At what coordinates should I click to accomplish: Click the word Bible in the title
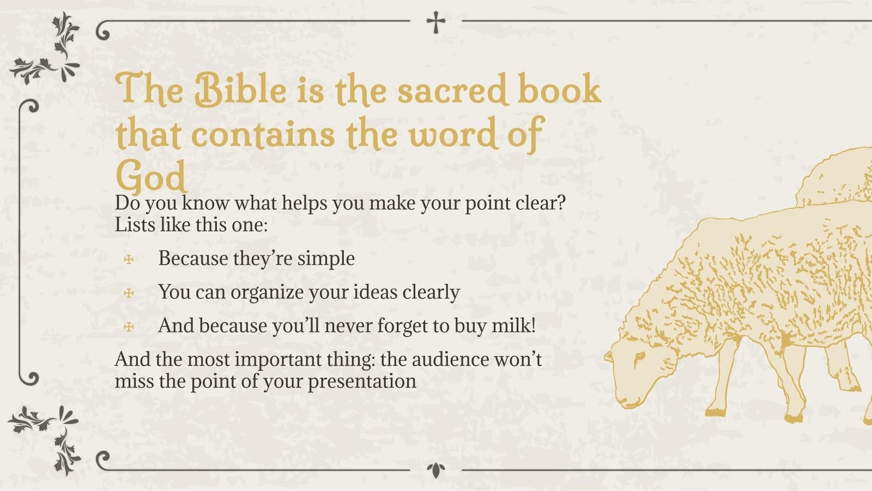240,89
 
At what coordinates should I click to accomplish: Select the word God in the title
150,176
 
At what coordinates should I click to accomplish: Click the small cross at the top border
435,22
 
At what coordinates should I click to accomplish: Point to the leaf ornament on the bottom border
435,470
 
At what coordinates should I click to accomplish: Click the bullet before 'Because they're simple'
129,259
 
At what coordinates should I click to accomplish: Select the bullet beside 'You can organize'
129,293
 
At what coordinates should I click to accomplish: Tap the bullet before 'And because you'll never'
129,327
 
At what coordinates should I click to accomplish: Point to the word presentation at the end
362,381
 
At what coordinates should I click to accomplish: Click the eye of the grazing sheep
638,358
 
